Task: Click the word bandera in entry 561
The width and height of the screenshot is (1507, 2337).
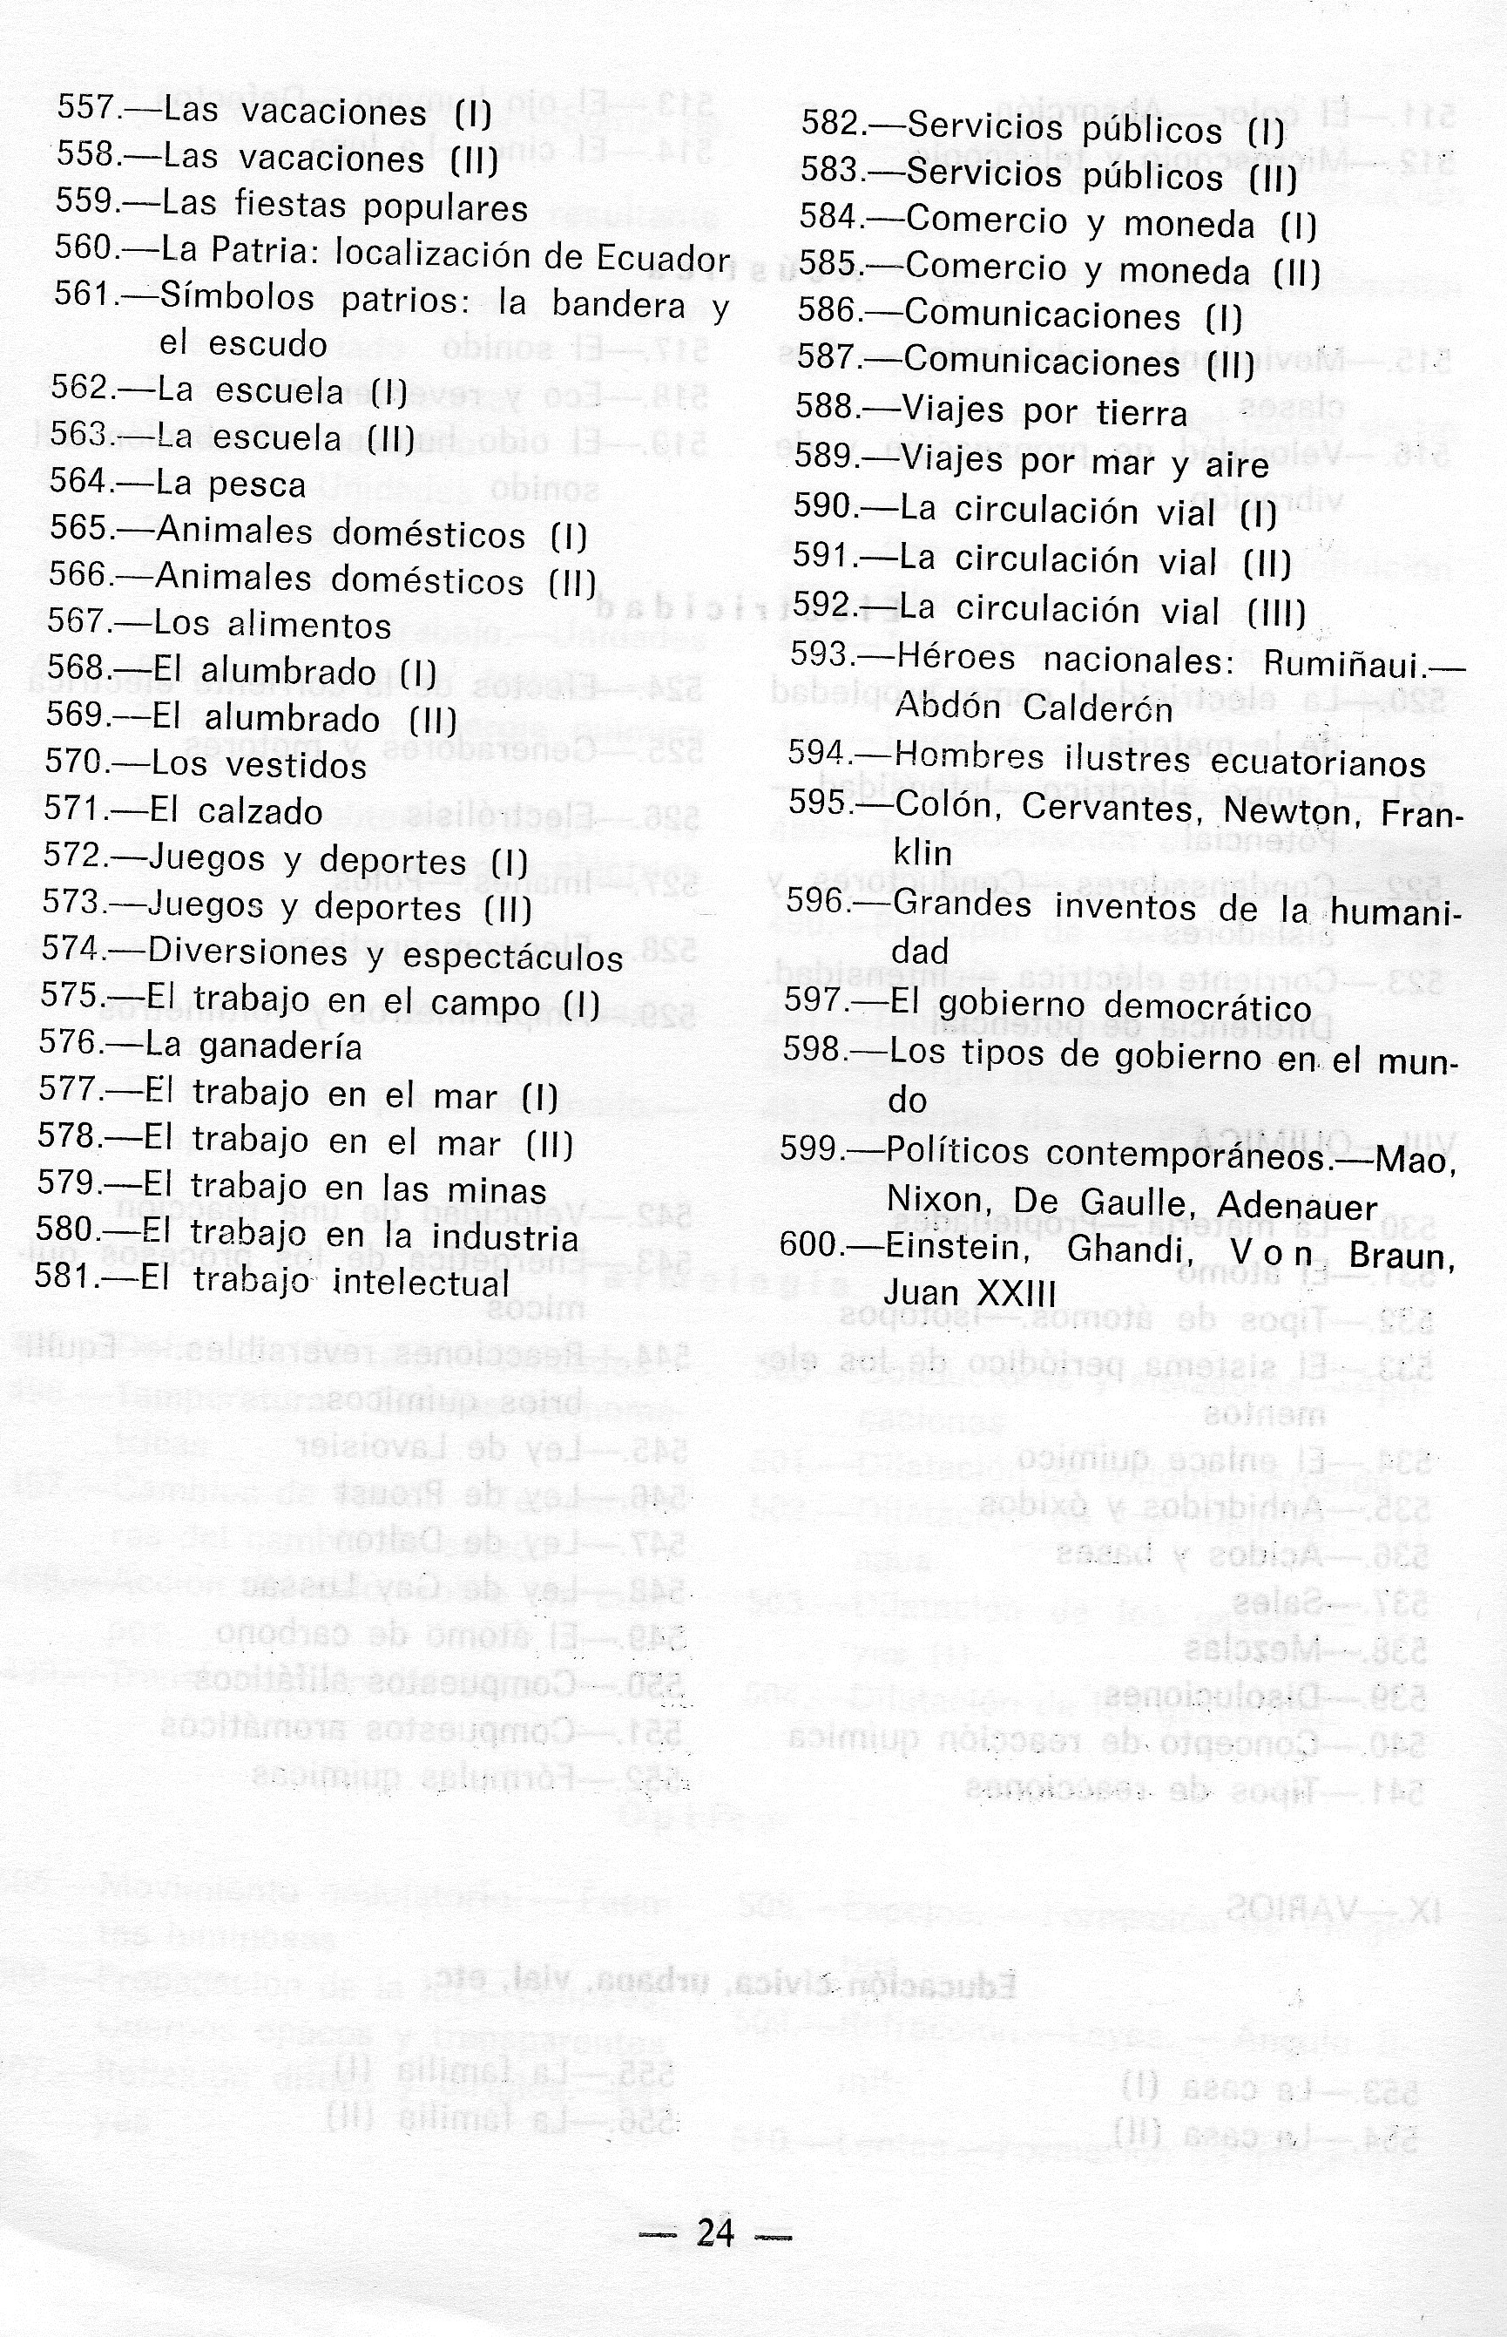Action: pyautogui.click(x=618, y=304)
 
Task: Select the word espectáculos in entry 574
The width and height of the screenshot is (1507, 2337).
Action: pyautogui.click(x=513, y=957)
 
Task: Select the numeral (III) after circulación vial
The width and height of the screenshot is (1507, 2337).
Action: pyautogui.click(x=1276, y=613)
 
